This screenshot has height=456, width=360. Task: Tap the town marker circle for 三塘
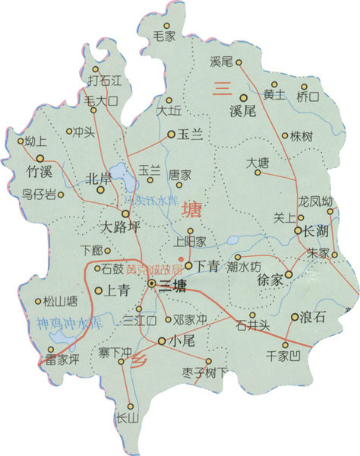(x=152, y=283)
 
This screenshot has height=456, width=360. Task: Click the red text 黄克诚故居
(x=155, y=269)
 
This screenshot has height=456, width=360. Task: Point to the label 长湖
(x=316, y=230)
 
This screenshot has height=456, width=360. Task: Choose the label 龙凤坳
(x=316, y=202)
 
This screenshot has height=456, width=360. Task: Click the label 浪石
(x=313, y=318)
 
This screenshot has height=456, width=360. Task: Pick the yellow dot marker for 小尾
(x=161, y=342)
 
